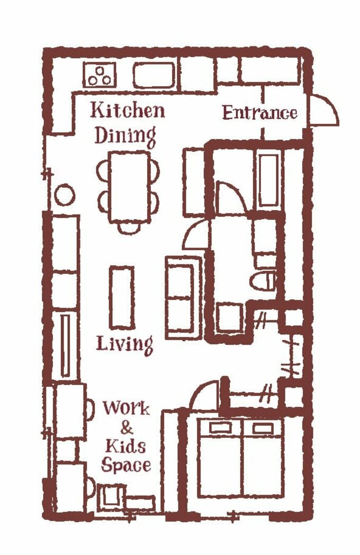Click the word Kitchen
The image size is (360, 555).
(128, 110)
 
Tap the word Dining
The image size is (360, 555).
(125, 136)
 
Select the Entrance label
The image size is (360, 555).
(260, 113)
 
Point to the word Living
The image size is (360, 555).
(125, 344)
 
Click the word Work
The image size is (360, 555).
(126, 408)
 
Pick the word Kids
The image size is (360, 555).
(125, 447)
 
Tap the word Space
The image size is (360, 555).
(126, 465)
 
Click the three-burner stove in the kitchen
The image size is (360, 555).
(100, 75)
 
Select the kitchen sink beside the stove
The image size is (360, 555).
(154, 75)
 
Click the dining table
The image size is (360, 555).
(130, 187)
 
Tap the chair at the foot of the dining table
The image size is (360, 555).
(129, 229)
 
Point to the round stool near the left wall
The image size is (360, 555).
(65, 195)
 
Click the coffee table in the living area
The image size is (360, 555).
(122, 297)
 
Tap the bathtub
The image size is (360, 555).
(268, 180)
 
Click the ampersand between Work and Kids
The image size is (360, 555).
(127, 427)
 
